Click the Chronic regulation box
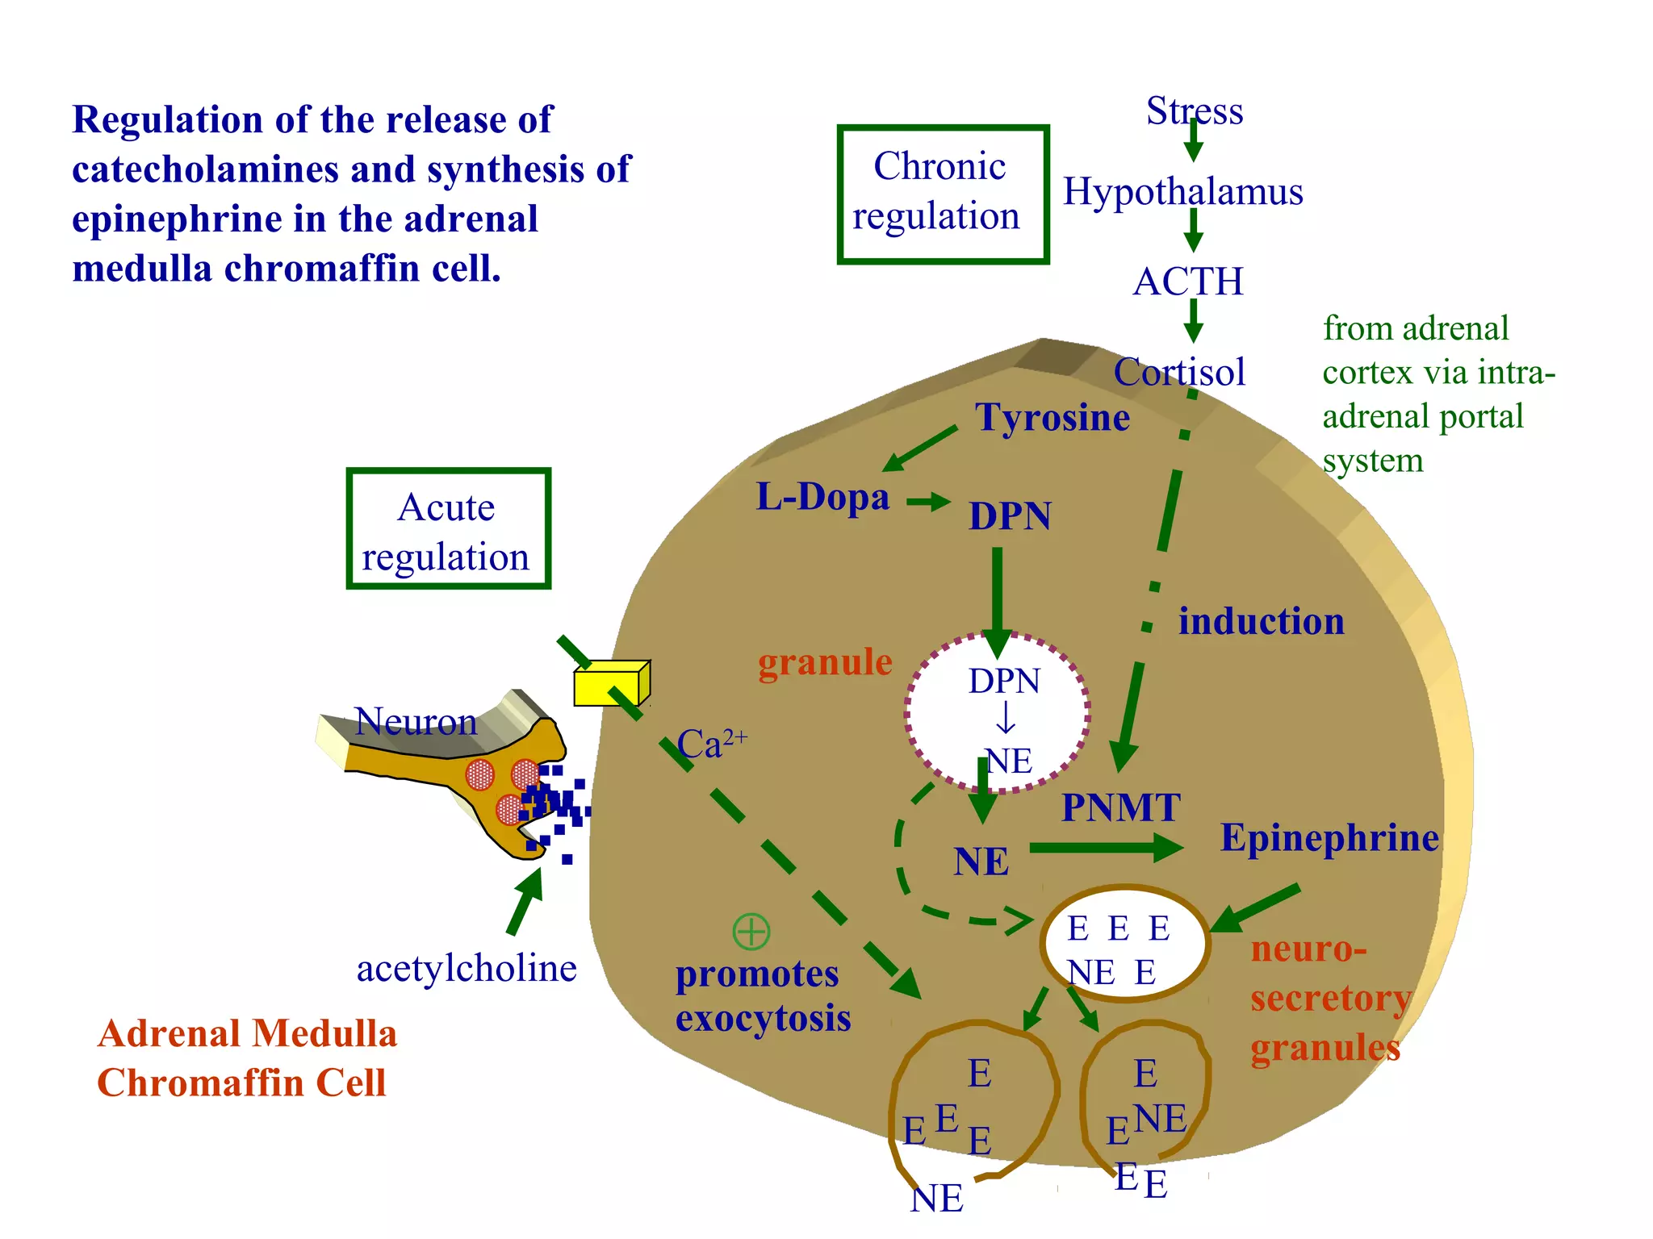click(943, 194)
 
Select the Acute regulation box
click(448, 529)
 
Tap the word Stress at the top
click(1195, 111)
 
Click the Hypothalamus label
click(1182, 192)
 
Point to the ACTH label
click(1188, 282)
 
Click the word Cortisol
click(1179, 373)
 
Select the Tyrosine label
click(1052, 418)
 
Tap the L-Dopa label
click(822, 497)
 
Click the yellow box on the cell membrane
click(610, 684)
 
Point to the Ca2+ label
click(710, 744)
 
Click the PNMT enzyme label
click(1120, 808)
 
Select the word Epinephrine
click(1329, 838)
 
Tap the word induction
click(1262, 622)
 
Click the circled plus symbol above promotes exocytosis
click(751, 932)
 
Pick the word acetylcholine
click(467, 969)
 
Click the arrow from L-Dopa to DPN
click(928, 502)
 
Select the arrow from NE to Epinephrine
click(1106, 847)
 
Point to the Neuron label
click(416, 721)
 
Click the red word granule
click(825, 662)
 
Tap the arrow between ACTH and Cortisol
click(1193, 323)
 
